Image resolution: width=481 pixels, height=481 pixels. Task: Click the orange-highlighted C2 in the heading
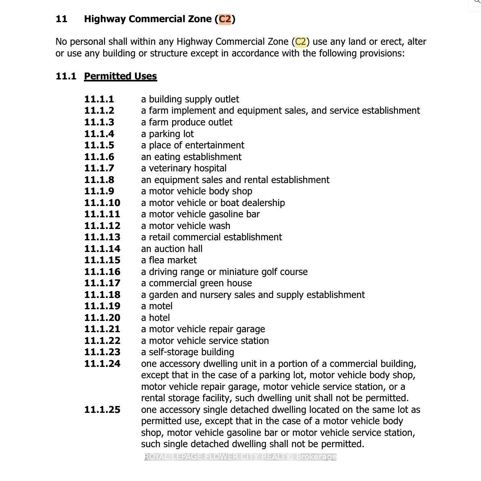click(x=225, y=19)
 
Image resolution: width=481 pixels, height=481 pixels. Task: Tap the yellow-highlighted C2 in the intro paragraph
click(x=301, y=42)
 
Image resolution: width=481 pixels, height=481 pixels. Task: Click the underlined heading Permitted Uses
click(x=120, y=76)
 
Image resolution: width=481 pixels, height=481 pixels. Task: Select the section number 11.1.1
click(x=99, y=99)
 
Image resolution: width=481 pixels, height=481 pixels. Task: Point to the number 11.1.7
click(x=99, y=168)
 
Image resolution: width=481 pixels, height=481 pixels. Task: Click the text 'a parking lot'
click(x=167, y=134)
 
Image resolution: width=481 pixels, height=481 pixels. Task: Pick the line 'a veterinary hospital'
click(x=183, y=168)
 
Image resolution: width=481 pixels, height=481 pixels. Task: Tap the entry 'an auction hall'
click(x=172, y=249)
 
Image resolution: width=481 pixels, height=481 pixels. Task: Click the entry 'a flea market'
click(x=169, y=260)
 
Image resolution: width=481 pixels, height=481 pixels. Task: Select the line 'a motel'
click(x=157, y=306)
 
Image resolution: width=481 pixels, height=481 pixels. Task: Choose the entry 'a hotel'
click(x=155, y=318)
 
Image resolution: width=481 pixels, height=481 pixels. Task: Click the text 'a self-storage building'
click(x=187, y=352)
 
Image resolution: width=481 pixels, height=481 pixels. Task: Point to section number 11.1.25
click(x=102, y=410)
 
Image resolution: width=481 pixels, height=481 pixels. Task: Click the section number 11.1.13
click(x=102, y=237)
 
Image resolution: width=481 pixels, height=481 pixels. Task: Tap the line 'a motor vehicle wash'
click(x=185, y=226)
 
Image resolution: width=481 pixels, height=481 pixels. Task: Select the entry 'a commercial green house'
click(x=196, y=283)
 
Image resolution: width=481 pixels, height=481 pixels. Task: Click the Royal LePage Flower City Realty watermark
click(x=240, y=456)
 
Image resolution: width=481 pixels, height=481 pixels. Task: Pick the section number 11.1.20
click(x=102, y=318)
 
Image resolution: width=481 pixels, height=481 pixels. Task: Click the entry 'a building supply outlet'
click(x=190, y=99)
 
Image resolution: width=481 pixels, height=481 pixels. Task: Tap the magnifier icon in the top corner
click(x=477, y=2)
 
